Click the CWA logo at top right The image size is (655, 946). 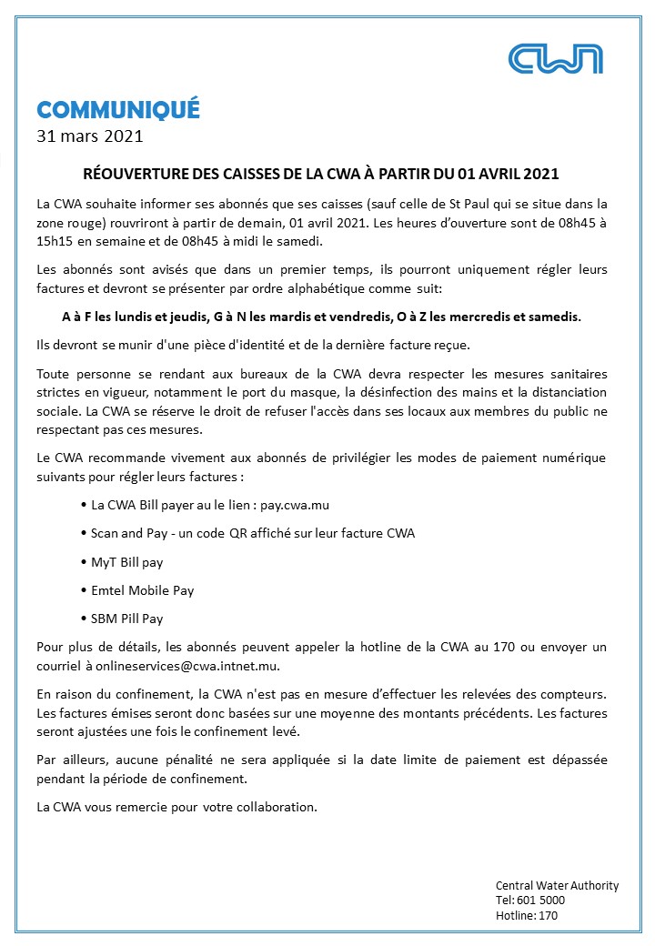click(x=556, y=58)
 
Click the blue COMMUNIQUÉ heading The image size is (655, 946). click(x=118, y=110)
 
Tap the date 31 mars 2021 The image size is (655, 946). click(x=89, y=137)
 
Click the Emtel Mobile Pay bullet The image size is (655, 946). click(x=142, y=590)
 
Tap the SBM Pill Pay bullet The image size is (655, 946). click(x=126, y=619)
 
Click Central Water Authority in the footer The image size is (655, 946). click(x=557, y=885)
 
